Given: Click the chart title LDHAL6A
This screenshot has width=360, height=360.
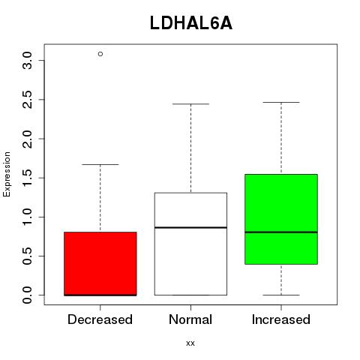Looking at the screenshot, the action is pos(191,23).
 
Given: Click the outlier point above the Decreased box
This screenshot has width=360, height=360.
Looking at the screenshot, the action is pos(100,54).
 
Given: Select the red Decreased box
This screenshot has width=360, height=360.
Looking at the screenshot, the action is pos(100,264).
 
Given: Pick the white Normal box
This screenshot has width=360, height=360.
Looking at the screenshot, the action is pos(190,244).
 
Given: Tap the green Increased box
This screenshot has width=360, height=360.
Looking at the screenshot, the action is pos(281,219).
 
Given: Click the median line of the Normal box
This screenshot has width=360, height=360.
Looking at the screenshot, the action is pos(190,227).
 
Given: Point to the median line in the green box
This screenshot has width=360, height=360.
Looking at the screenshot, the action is pos(281,232).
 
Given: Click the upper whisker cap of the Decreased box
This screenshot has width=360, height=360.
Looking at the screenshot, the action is pos(100,164).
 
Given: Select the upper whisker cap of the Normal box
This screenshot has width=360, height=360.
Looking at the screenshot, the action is pos(190,103).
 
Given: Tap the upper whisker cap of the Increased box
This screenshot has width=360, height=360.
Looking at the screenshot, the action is pos(281,102).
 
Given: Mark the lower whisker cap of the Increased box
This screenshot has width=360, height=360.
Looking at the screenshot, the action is pos(281,295).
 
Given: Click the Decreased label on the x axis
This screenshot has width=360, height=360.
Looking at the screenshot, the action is pos(100,319).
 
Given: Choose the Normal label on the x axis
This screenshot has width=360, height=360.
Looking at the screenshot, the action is pos(190,319).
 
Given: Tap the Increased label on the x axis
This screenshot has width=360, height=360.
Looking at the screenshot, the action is pos(281,319).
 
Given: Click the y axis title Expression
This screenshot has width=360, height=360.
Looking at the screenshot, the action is pos(7,174).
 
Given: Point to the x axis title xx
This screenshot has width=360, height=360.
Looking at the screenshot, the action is pos(190,343).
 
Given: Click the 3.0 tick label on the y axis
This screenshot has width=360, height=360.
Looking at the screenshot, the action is pos(27,61).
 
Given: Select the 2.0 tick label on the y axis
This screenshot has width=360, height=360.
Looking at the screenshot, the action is pos(27,139).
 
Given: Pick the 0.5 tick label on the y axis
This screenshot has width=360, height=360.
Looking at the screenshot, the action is pos(27,256).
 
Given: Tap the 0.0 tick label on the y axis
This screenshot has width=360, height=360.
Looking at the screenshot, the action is pos(27,295).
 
